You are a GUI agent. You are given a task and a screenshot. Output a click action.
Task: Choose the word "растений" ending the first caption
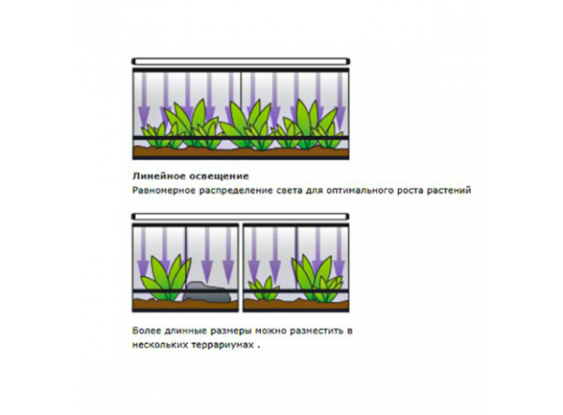tap(447, 190)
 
